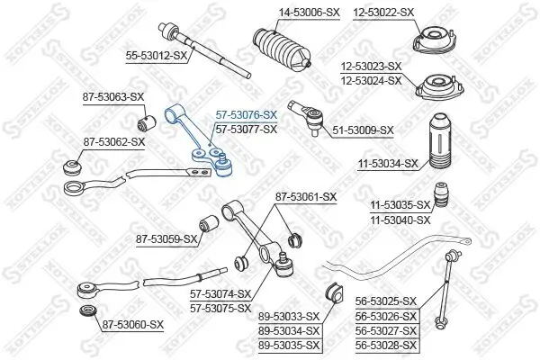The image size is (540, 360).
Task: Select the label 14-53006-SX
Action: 284,12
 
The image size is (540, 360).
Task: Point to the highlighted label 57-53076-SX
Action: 246,115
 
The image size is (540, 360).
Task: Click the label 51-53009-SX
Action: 363,130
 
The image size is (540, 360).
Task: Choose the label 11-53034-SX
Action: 387,164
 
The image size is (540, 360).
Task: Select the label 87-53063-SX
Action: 113,95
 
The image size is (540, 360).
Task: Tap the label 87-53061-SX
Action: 305,196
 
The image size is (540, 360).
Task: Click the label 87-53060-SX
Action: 132,324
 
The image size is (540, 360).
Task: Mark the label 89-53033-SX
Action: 289,315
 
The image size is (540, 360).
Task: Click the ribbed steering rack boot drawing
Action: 282,53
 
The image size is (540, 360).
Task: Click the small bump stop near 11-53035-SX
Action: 442,195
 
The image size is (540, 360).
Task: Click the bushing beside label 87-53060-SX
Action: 88,312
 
